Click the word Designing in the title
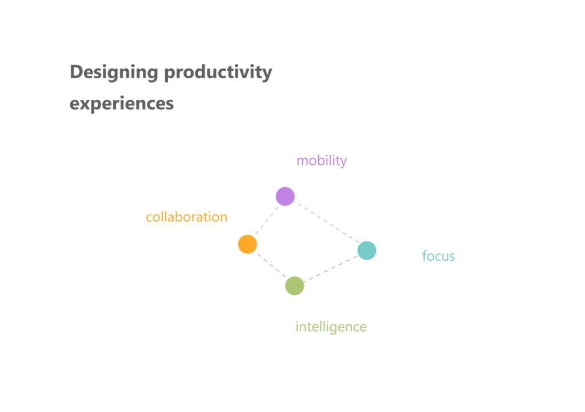(x=114, y=72)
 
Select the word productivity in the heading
(x=218, y=72)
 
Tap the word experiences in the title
(x=122, y=103)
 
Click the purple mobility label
(x=322, y=160)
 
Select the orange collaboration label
(x=187, y=217)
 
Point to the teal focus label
(x=438, y=256)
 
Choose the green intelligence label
(x=331, y=327)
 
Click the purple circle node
(x=285, y=196)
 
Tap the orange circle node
(x=247, y=244)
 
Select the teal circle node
(x=367, y=251)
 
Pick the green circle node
(x=294, y=286)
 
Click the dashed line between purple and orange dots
(x=266, y=220)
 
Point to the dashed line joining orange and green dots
(x=271, y=265)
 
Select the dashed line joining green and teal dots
(x=331, y=268)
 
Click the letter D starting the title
(x=77, y=71)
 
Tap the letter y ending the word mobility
(x=343, y=162)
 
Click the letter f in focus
(x=425, y=256)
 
